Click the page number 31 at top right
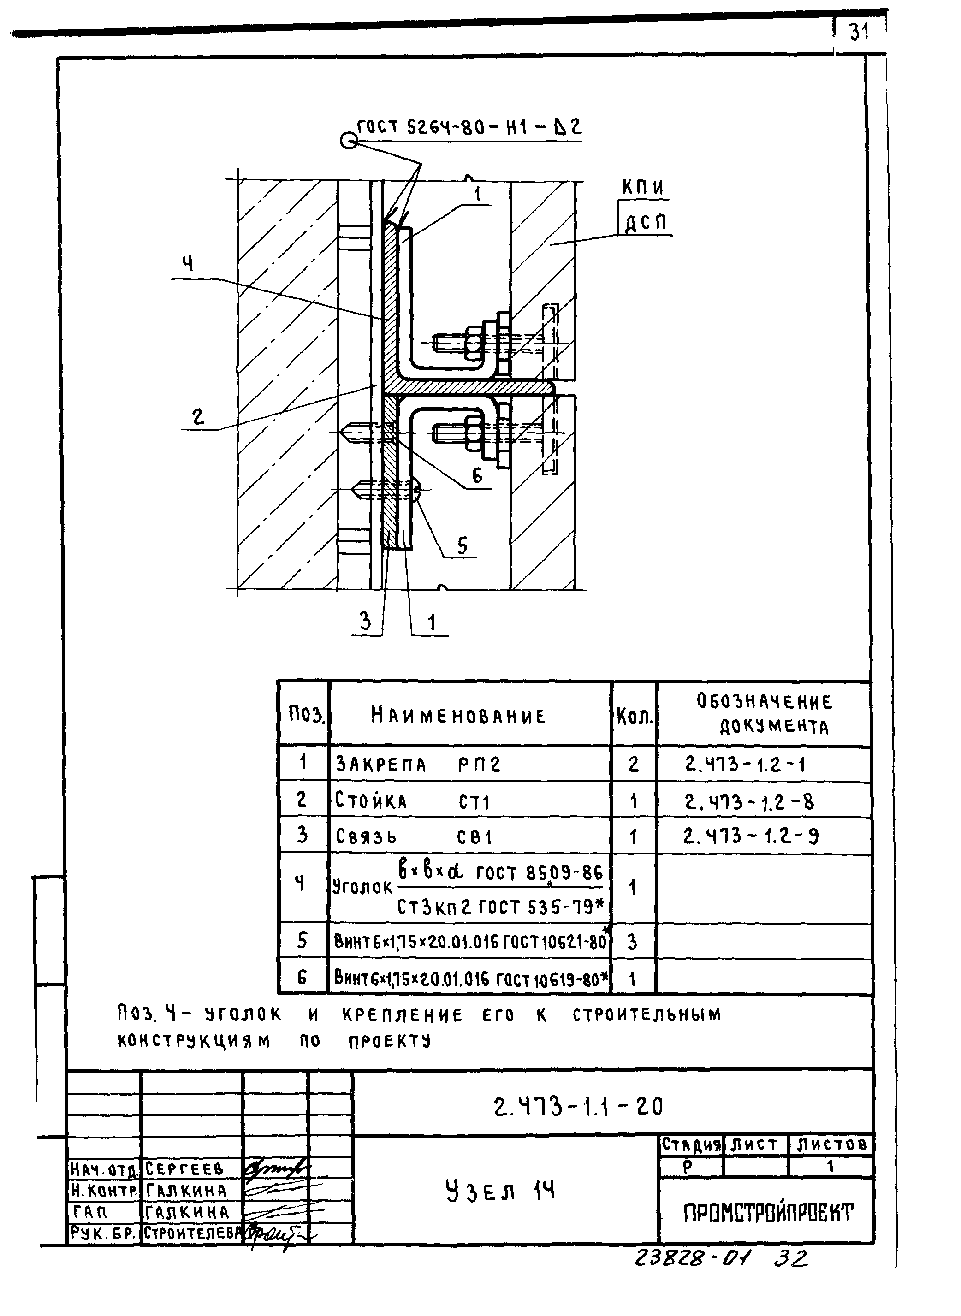(x=859, y=32)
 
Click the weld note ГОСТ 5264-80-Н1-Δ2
(x=469, y=127)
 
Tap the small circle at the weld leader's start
(x=349, y=141)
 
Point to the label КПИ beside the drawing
(x=643, y=187)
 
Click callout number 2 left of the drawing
(x=198, y=416)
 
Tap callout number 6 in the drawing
(x=477, y=476)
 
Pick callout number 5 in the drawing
(x=463, y=545)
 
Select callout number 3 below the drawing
(x=365, y=622)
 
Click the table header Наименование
(x=458, y=716)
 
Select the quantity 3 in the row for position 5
(x=632, y=942)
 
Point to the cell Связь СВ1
(x=414, y=837)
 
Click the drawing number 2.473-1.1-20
(x=578, y=1107)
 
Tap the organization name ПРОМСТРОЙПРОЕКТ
(x=768, y=1213)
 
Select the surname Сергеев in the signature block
(x=184, y=1168)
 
